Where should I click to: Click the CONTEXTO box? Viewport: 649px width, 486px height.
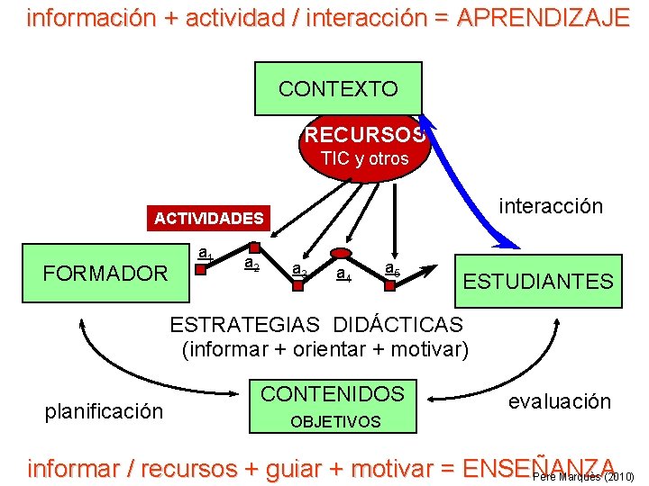338,88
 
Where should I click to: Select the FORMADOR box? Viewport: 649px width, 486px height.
105,273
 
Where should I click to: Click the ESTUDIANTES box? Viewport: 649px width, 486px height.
537,281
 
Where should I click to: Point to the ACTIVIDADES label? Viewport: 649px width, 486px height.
208,218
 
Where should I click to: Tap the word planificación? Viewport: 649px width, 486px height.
104,411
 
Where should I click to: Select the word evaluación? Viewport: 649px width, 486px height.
559,401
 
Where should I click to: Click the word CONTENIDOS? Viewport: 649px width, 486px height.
333,393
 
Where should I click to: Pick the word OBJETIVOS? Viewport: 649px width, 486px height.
335,421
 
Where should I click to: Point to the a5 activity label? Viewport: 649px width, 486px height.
392,267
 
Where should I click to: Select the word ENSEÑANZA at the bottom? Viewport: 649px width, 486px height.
538,468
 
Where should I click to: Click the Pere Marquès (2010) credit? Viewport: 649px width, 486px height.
583,476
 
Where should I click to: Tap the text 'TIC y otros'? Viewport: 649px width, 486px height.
364,158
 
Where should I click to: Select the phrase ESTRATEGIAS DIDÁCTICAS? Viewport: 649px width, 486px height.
316,325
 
